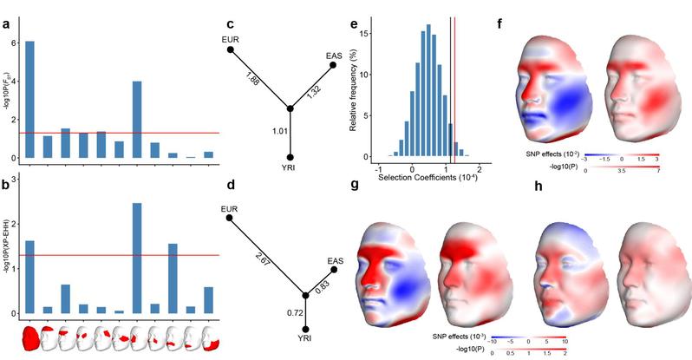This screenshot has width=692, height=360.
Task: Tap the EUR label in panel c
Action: [229, 38]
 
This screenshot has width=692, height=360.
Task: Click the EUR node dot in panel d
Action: [229, 219]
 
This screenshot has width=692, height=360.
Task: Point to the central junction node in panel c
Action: [291, 108]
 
